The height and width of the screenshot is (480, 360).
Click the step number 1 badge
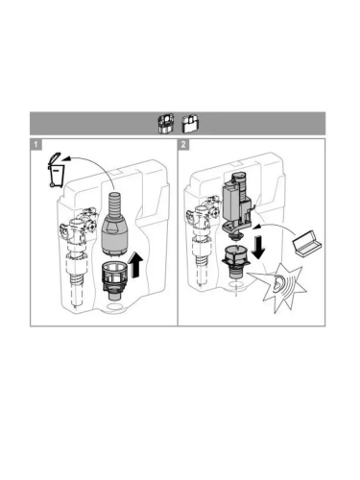coord(36,144)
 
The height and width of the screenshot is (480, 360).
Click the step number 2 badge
coord(183,144)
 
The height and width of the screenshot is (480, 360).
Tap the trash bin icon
coord(56,170)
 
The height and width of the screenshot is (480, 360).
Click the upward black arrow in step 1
coord(135,264)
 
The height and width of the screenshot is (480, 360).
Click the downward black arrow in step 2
coord(258,247)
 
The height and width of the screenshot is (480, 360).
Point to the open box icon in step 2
coord(307,243)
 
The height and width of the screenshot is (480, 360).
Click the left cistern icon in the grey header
coord(166,123)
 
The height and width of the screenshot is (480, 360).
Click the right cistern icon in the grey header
coord(190,124)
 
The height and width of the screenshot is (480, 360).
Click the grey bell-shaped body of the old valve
coord(114,234)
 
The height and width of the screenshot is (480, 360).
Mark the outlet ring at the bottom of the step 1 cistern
coord(114,307)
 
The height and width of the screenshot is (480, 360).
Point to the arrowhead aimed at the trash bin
coord(65,157)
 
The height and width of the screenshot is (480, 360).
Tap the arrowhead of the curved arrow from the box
coord(256,227)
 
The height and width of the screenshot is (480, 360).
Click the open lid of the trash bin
coord(55,158)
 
